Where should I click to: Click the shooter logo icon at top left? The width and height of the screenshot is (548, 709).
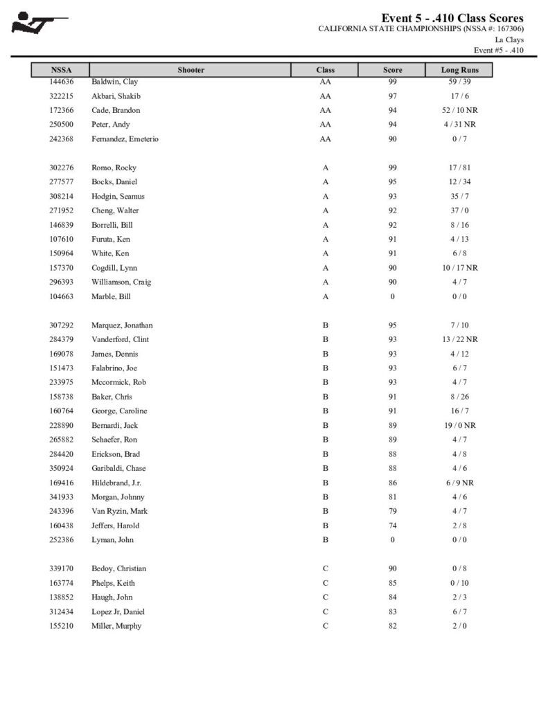tap(39, 22)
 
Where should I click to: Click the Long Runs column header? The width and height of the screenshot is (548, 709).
tap(460, 70)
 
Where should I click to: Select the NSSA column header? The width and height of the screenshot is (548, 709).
tap(61, 70)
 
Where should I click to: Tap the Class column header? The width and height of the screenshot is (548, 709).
tap(325, 70)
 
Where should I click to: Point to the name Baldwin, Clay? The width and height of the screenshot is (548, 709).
tap(115, 82)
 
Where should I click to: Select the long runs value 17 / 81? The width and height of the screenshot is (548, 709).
tap(460, 168)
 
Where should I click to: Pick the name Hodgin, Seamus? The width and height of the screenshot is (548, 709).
tap(118, 197)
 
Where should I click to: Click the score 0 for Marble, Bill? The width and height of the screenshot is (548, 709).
tap(392, 296)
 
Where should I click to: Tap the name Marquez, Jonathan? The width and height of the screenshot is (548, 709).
tap(122, 325)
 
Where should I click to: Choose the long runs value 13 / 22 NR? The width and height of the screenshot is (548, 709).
tap(460, 339)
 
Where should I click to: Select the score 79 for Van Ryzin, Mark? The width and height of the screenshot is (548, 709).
tap(392, 511)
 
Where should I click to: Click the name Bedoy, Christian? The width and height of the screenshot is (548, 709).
tap(119, 568)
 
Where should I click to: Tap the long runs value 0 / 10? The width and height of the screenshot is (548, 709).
tap(460, 583)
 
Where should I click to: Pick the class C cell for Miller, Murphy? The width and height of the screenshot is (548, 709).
tap(325, 626)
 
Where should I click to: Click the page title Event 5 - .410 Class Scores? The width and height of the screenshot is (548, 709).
tap(452, 18)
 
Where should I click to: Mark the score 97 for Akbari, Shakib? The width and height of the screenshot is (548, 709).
tap(392, 96)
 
